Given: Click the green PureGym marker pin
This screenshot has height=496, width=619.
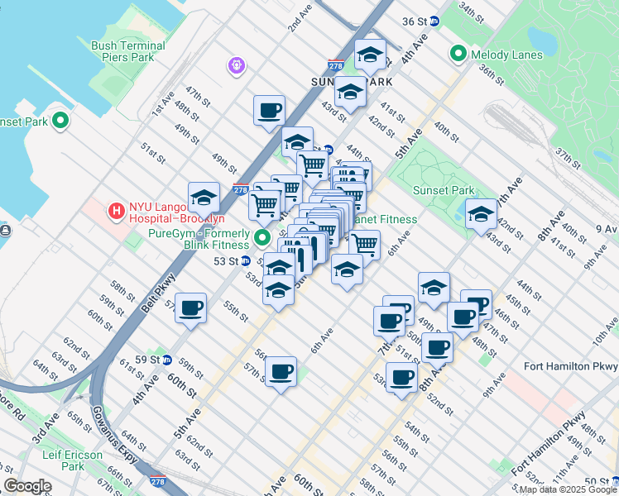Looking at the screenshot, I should point(263,239).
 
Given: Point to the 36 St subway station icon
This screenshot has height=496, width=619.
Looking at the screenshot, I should point(434,20).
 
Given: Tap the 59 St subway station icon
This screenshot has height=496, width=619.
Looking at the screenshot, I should point(166,360).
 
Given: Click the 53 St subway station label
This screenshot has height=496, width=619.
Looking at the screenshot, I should point(226,260).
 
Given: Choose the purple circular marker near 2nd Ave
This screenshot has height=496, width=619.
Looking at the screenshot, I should point(237,64).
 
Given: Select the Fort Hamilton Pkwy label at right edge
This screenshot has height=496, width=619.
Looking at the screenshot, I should point(571,365).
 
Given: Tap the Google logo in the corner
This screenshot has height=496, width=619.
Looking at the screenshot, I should point(27,486).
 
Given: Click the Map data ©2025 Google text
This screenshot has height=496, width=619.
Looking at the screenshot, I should point(567,489).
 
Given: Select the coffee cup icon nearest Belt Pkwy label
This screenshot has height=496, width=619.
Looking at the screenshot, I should point(191,308).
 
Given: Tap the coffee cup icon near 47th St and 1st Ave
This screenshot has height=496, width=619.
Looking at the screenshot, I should point(269,110).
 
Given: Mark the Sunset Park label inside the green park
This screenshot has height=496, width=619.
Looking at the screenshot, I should point(444,191).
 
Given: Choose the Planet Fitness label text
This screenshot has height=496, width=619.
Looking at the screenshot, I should point(385,219).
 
